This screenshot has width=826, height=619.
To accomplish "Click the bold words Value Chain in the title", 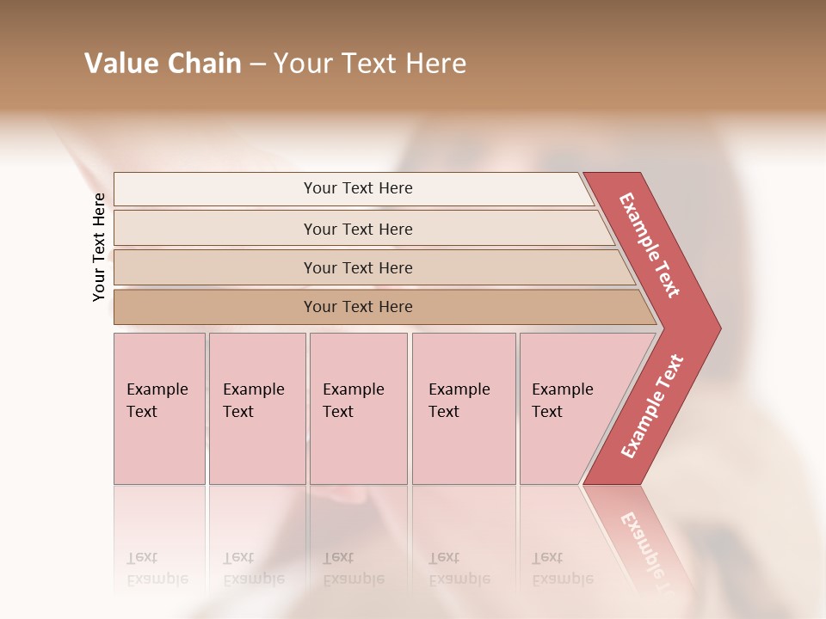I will (163, 64).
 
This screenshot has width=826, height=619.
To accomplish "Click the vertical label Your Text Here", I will (99, 247).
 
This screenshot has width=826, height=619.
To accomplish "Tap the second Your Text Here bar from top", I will (358, 229).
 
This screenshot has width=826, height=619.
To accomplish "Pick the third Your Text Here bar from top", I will (358, 267).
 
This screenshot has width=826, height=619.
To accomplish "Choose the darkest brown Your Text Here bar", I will (358, 307).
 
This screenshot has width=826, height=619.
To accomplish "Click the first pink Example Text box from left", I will (159, 408).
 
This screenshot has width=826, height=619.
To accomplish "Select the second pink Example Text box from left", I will (256, 408).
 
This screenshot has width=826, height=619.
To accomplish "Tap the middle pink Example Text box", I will (358, 408).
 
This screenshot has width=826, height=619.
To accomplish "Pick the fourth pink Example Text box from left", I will (463, 408).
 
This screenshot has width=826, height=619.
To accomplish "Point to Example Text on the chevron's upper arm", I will (650, 245).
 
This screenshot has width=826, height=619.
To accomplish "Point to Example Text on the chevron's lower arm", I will (652, 406).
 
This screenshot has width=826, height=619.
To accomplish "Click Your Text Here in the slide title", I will (370, 64).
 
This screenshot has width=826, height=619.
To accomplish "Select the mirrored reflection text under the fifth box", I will (562, 568).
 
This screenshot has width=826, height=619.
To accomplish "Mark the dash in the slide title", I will (257, 64).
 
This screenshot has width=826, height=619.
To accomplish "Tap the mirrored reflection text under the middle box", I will (353, 568).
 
